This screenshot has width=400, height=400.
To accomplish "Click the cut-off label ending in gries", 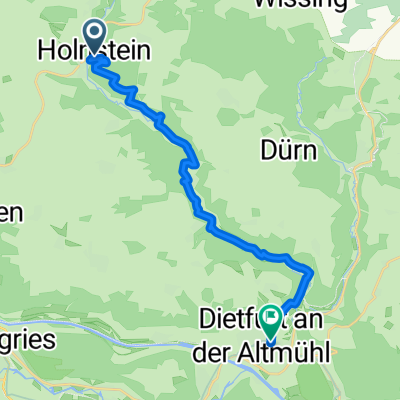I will pos(26,338).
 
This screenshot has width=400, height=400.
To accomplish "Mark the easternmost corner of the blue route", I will pos(313,272).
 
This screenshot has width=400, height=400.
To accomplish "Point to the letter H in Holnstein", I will pos(45,48).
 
